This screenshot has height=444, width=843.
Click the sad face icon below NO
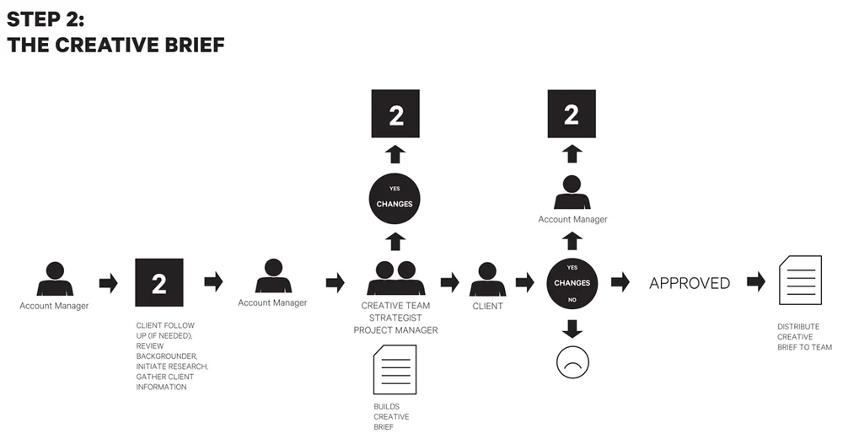572,361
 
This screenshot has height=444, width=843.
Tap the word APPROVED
690,283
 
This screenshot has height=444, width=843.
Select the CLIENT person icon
486,280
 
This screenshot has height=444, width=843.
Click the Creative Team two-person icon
395,278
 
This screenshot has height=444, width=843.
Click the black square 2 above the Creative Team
396,115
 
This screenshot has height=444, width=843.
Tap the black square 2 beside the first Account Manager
159,283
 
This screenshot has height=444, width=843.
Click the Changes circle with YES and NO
572,282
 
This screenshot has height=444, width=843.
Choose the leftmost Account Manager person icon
54,279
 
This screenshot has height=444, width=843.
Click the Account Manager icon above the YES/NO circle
572,193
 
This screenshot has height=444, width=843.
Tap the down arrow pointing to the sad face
572,327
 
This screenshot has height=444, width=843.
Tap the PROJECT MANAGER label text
396,329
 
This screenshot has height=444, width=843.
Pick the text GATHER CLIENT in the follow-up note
164,377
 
